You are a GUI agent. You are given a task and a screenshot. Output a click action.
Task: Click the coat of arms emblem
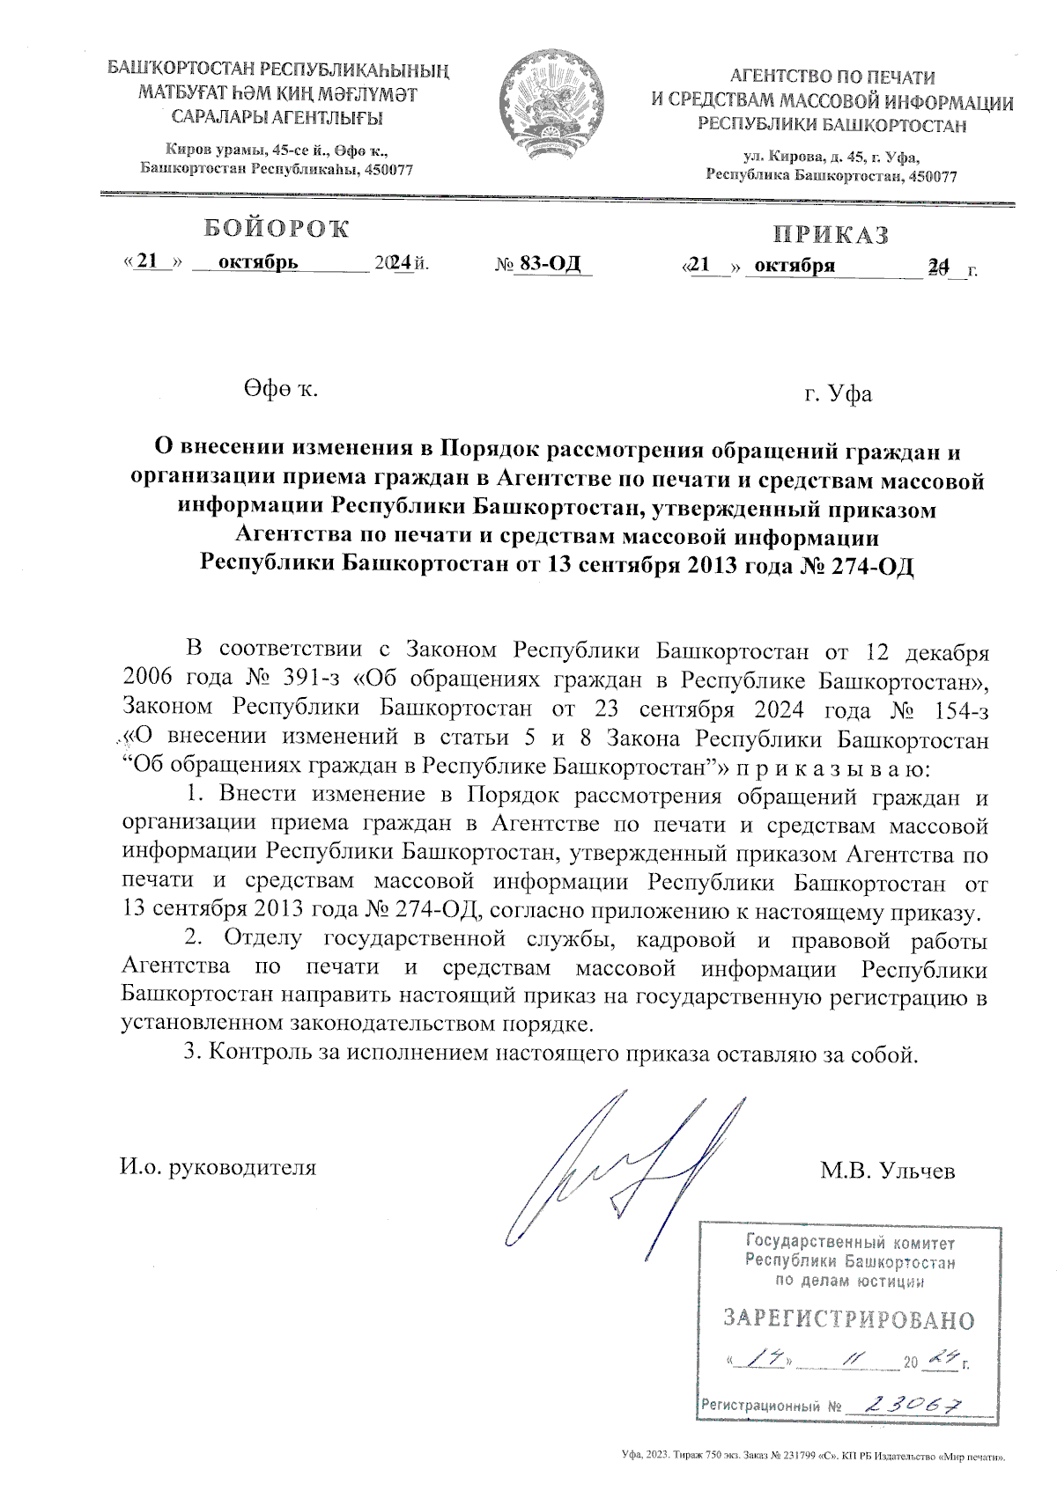click(552, 104)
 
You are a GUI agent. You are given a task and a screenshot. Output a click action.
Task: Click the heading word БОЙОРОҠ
click(277, 229)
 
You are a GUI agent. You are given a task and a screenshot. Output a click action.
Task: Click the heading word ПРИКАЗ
click(832, 235)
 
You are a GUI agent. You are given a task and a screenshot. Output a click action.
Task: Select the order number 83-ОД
click(551, 263)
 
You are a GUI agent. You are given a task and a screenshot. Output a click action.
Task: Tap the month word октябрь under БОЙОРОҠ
click(258, 262)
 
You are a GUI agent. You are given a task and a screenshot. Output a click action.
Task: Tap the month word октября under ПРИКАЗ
click(795, 265)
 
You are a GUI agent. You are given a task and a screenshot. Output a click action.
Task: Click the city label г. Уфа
click(838, 393)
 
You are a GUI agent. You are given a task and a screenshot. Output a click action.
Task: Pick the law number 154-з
click(957, 709)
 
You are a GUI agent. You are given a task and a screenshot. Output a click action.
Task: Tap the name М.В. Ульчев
click(887, 1171)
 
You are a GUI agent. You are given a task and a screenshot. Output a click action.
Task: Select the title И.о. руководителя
click(218, 1168)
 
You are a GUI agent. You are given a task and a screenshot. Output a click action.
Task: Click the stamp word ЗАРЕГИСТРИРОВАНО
click(848, 1319)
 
